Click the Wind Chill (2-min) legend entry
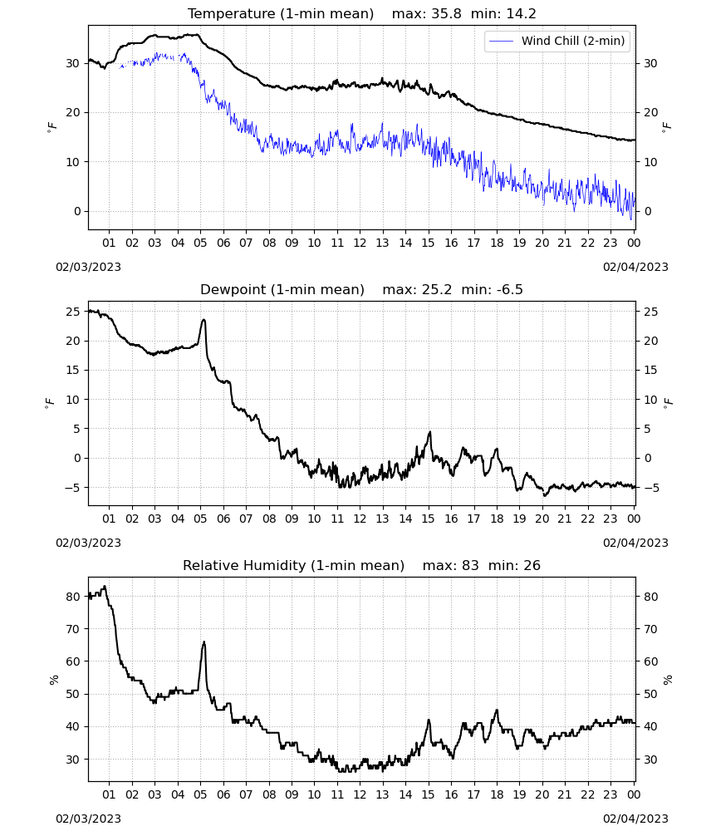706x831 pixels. click(557, 41)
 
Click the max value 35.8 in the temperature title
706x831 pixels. click(446, 14)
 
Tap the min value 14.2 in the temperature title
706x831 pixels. click(521, 14)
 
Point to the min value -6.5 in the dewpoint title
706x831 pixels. click(507, 290)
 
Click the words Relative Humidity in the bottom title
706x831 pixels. click(244, 565)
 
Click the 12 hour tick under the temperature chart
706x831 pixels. click(360, 243)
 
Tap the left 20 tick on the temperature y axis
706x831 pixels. click(73, 112)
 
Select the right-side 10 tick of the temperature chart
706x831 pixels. click(650, 162)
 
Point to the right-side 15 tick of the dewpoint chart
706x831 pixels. click(650, 370)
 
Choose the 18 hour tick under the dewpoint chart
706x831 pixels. click(497, 519)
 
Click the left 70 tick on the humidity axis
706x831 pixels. click(73, 629)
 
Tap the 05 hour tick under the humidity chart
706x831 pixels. click(200, 794)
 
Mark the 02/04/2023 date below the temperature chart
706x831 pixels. click(635, 267)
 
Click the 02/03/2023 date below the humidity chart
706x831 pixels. click(88, 819)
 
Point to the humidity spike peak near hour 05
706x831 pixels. click(203, 642)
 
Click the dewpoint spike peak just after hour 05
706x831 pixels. click(203, 320)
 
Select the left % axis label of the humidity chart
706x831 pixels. click(53, 680)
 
